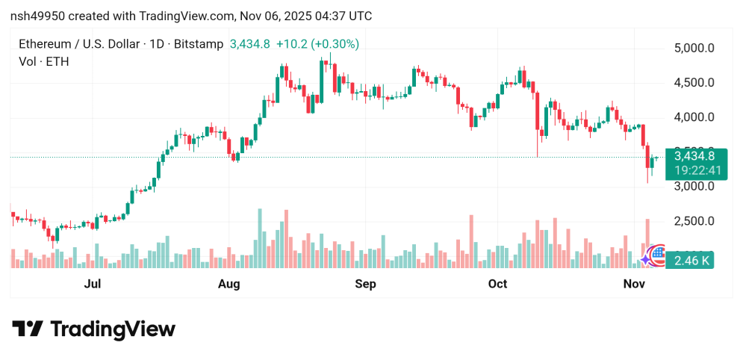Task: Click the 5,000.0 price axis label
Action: (694, 49)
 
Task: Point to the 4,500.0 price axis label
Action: (694, 83)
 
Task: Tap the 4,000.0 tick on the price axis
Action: (694, 117)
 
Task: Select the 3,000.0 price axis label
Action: (694, 187)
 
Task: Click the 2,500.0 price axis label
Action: (694, 221)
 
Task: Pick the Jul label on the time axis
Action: (93, 284)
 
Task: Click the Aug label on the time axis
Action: (229, 284)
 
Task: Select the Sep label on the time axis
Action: (365, 284)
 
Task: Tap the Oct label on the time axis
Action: (497, 284)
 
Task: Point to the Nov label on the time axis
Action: (634, 284)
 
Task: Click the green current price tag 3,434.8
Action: (694, 156)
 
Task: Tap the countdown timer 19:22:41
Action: (694, 170)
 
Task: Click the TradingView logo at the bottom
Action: (93, 329)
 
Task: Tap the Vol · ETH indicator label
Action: (44, 62)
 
